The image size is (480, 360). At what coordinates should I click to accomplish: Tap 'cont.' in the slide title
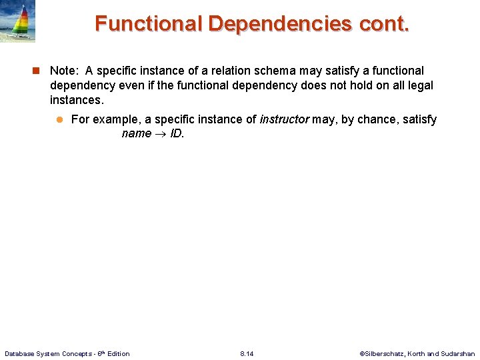pos(385,23)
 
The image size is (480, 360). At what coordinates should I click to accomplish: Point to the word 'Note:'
pos(65,71)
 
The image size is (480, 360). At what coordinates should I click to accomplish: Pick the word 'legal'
pos(419,85)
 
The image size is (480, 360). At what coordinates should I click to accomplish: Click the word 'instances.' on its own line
pos(77,100)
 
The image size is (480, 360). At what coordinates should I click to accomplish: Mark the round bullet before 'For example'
pos(59,119)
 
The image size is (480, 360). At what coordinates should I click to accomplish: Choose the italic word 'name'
pos(136,133)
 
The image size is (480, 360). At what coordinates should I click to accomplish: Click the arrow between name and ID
pos(161,134)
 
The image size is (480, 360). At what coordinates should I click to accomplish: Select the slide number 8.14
pos(247,353)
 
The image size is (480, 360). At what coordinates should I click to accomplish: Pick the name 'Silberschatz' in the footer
pos(381,353)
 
